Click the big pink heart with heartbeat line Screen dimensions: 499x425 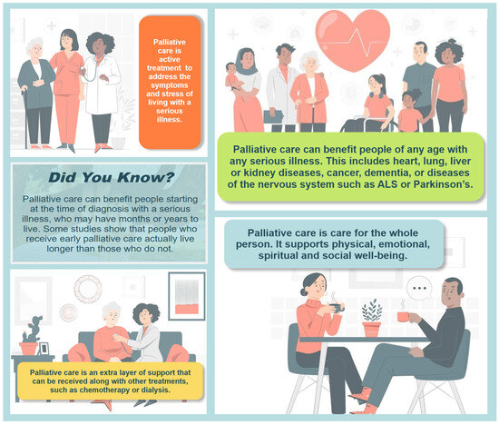coord(353,40)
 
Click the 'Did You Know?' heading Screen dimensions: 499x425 coord(112,177)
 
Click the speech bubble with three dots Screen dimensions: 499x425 coord(419,288)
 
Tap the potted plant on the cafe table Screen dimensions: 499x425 coord(372,318)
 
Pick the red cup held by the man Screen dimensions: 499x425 coord(403,317)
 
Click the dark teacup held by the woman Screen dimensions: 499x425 coord(337,308)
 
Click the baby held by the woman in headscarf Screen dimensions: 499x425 coord(232,77)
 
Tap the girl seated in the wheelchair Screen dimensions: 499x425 coord(377,102)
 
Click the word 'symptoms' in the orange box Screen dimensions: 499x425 coord(170,85)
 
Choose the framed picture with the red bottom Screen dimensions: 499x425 coord(187,296)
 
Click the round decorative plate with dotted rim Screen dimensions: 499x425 coord(88,289)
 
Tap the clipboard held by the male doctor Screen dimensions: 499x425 coord(273,117)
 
